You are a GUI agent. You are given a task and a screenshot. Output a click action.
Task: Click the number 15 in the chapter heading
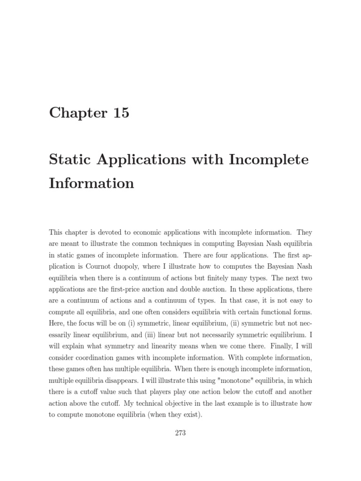pyautogui.click(x=118, y=113)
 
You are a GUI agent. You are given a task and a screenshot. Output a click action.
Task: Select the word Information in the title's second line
pyautogui.click(x=91, y=183)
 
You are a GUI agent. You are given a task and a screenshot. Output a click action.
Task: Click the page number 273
pyautogui.click(x=180, y=433)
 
